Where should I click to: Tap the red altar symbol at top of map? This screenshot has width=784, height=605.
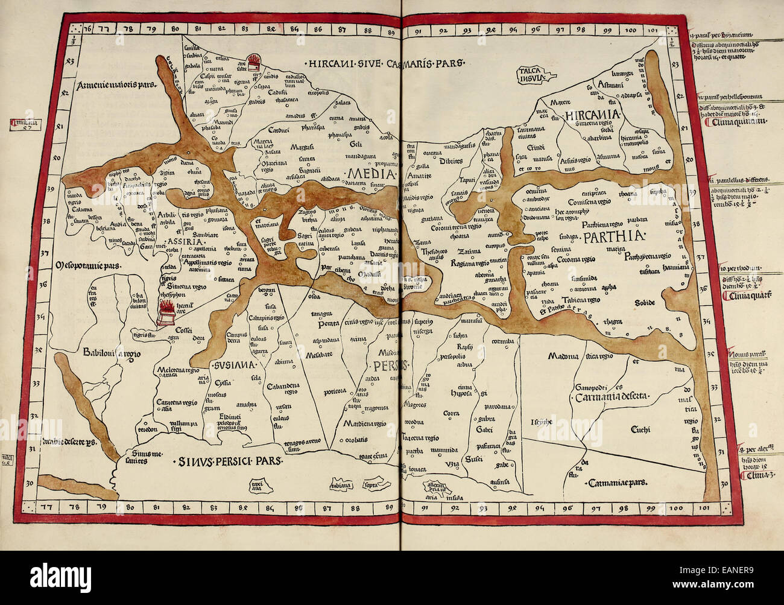pos(254,63)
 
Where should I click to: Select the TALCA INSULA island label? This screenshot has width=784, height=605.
pos(531,74)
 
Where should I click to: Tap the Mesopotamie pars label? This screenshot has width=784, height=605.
pos(88,264)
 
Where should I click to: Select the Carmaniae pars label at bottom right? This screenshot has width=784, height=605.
pos(615,483)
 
